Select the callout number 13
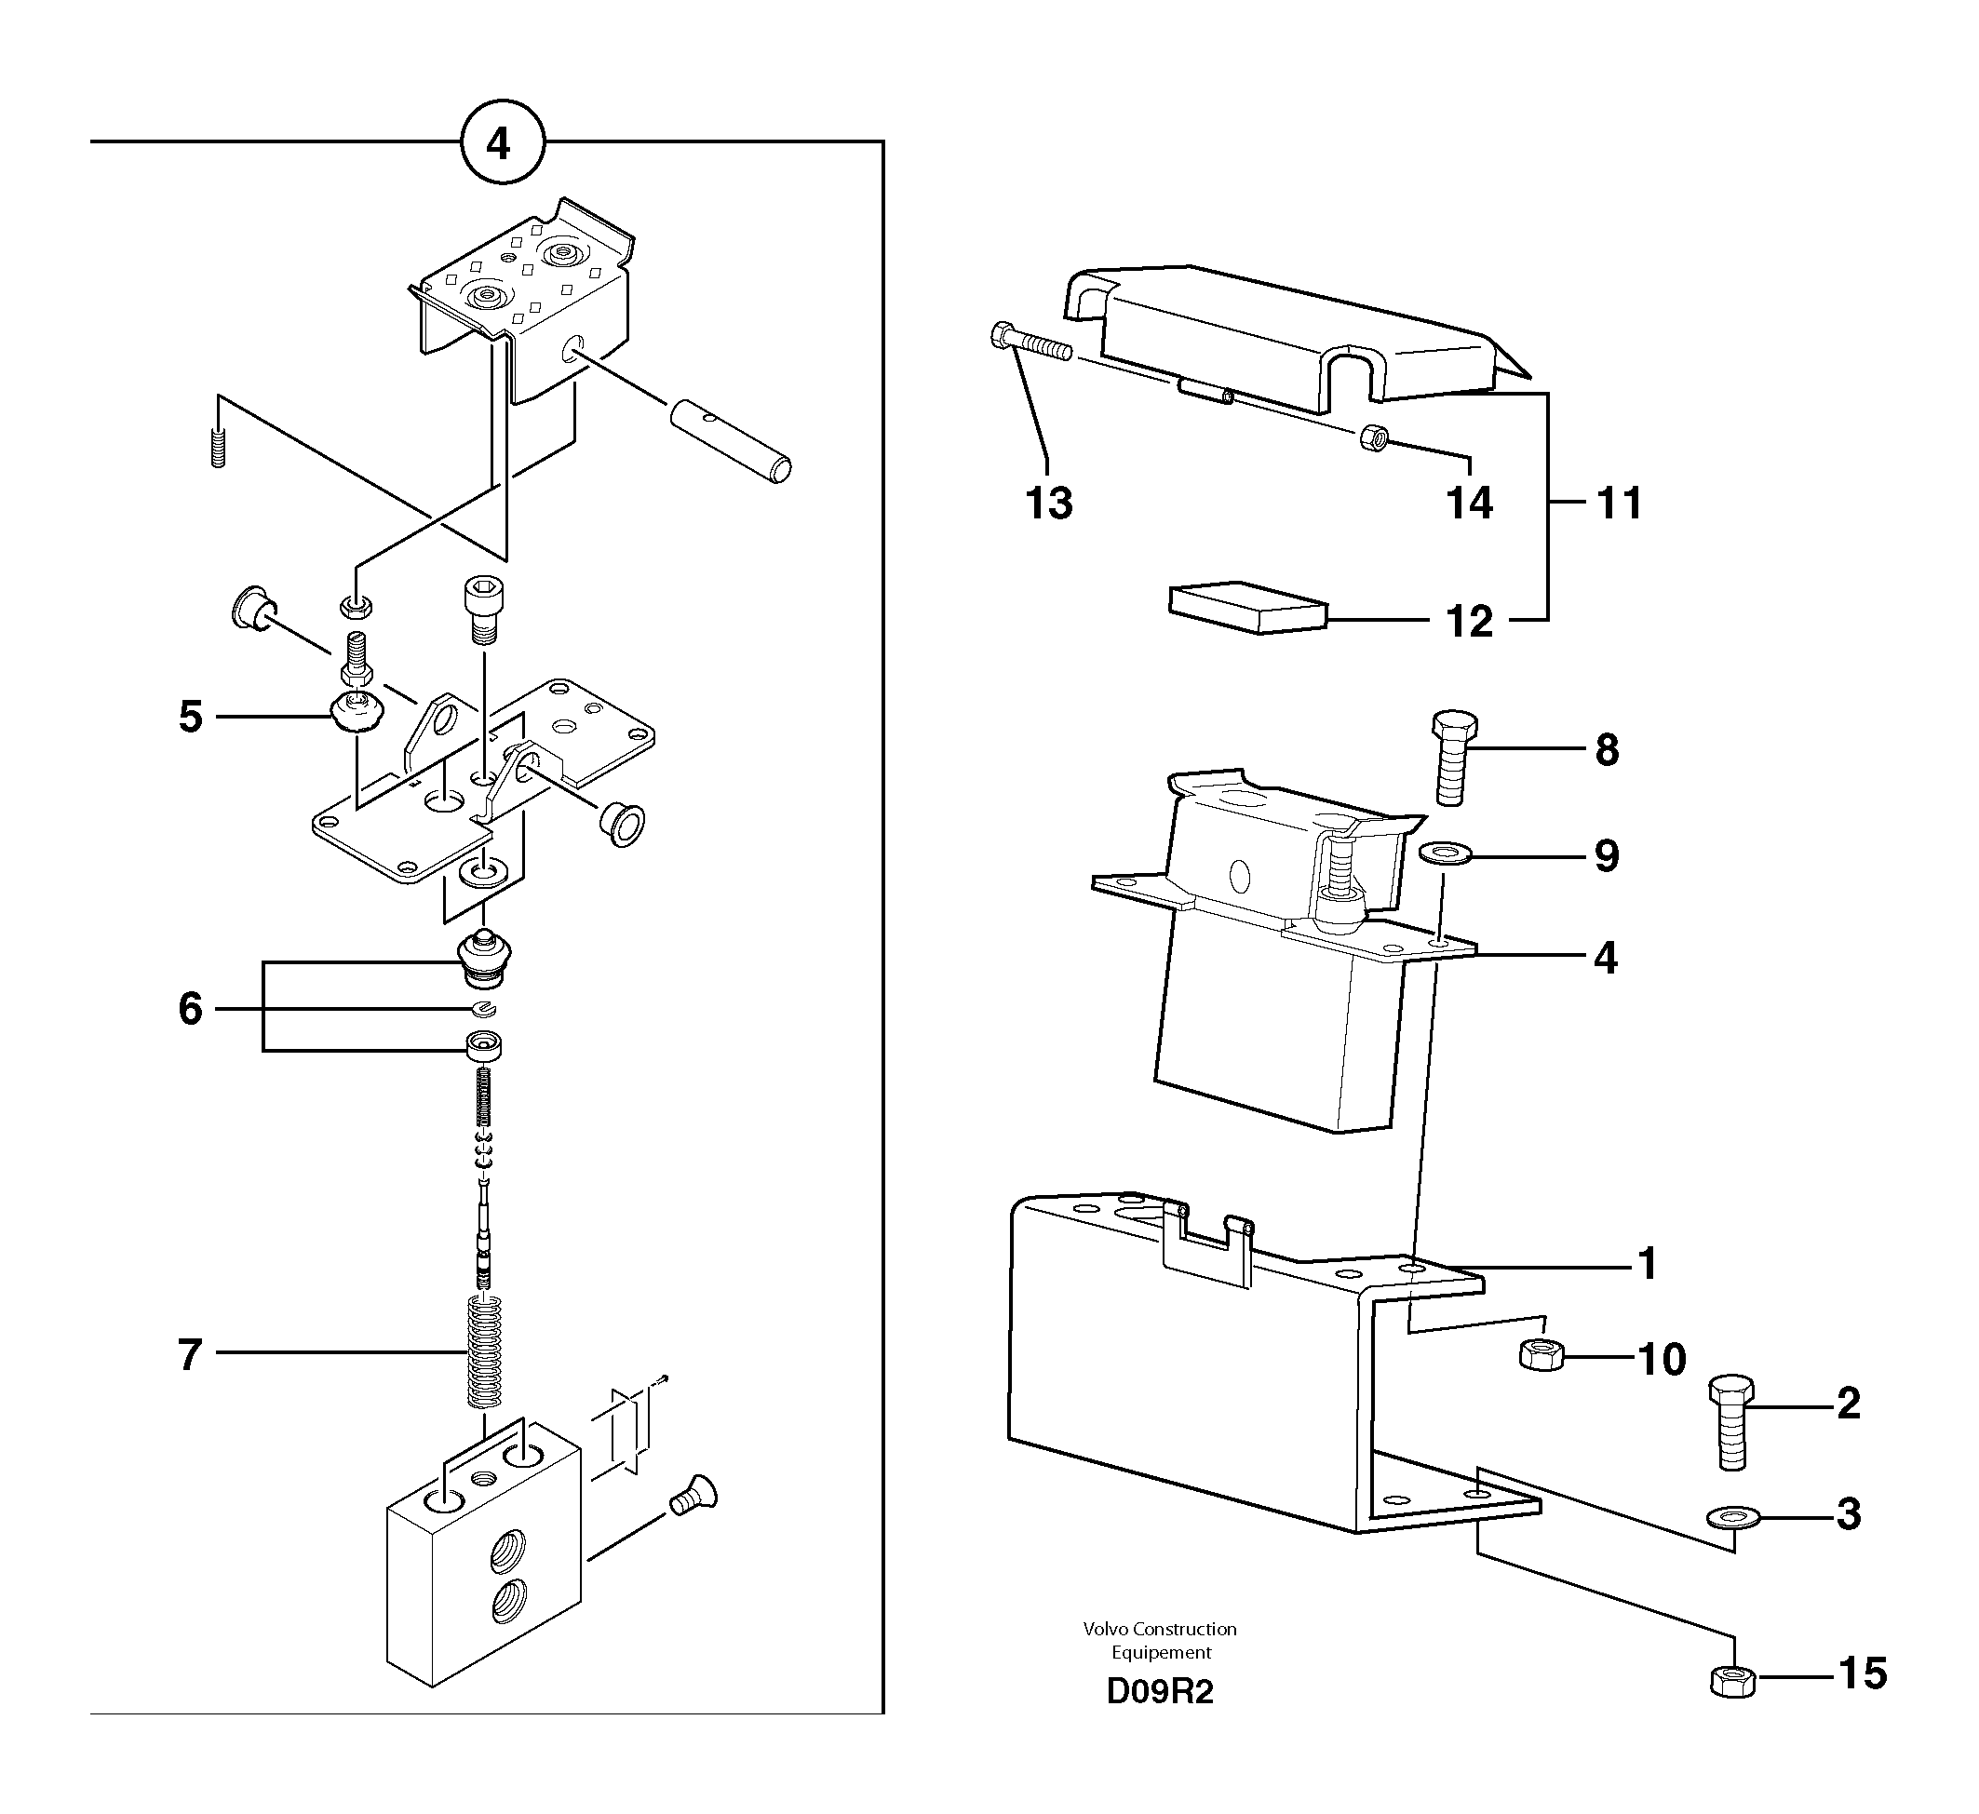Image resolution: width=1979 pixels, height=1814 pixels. point(1048,504)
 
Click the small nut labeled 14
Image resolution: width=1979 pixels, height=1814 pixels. point(1374,438)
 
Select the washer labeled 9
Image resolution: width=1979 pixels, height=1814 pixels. point(1445,852)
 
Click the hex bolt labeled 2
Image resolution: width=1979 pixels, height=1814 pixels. point(1731,1422)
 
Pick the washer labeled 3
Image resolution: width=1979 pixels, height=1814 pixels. point(1733,1517)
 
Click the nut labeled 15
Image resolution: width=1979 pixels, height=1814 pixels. point(1732,1681)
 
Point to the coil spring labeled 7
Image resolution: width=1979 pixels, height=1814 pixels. point(485,1352)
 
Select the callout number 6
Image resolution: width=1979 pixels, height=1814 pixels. point(191,1009)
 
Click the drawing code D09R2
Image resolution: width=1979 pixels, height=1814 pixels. point(1159,1692)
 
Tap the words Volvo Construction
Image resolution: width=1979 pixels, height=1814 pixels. point(1159,1630)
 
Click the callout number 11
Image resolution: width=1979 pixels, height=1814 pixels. point(1620,504)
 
